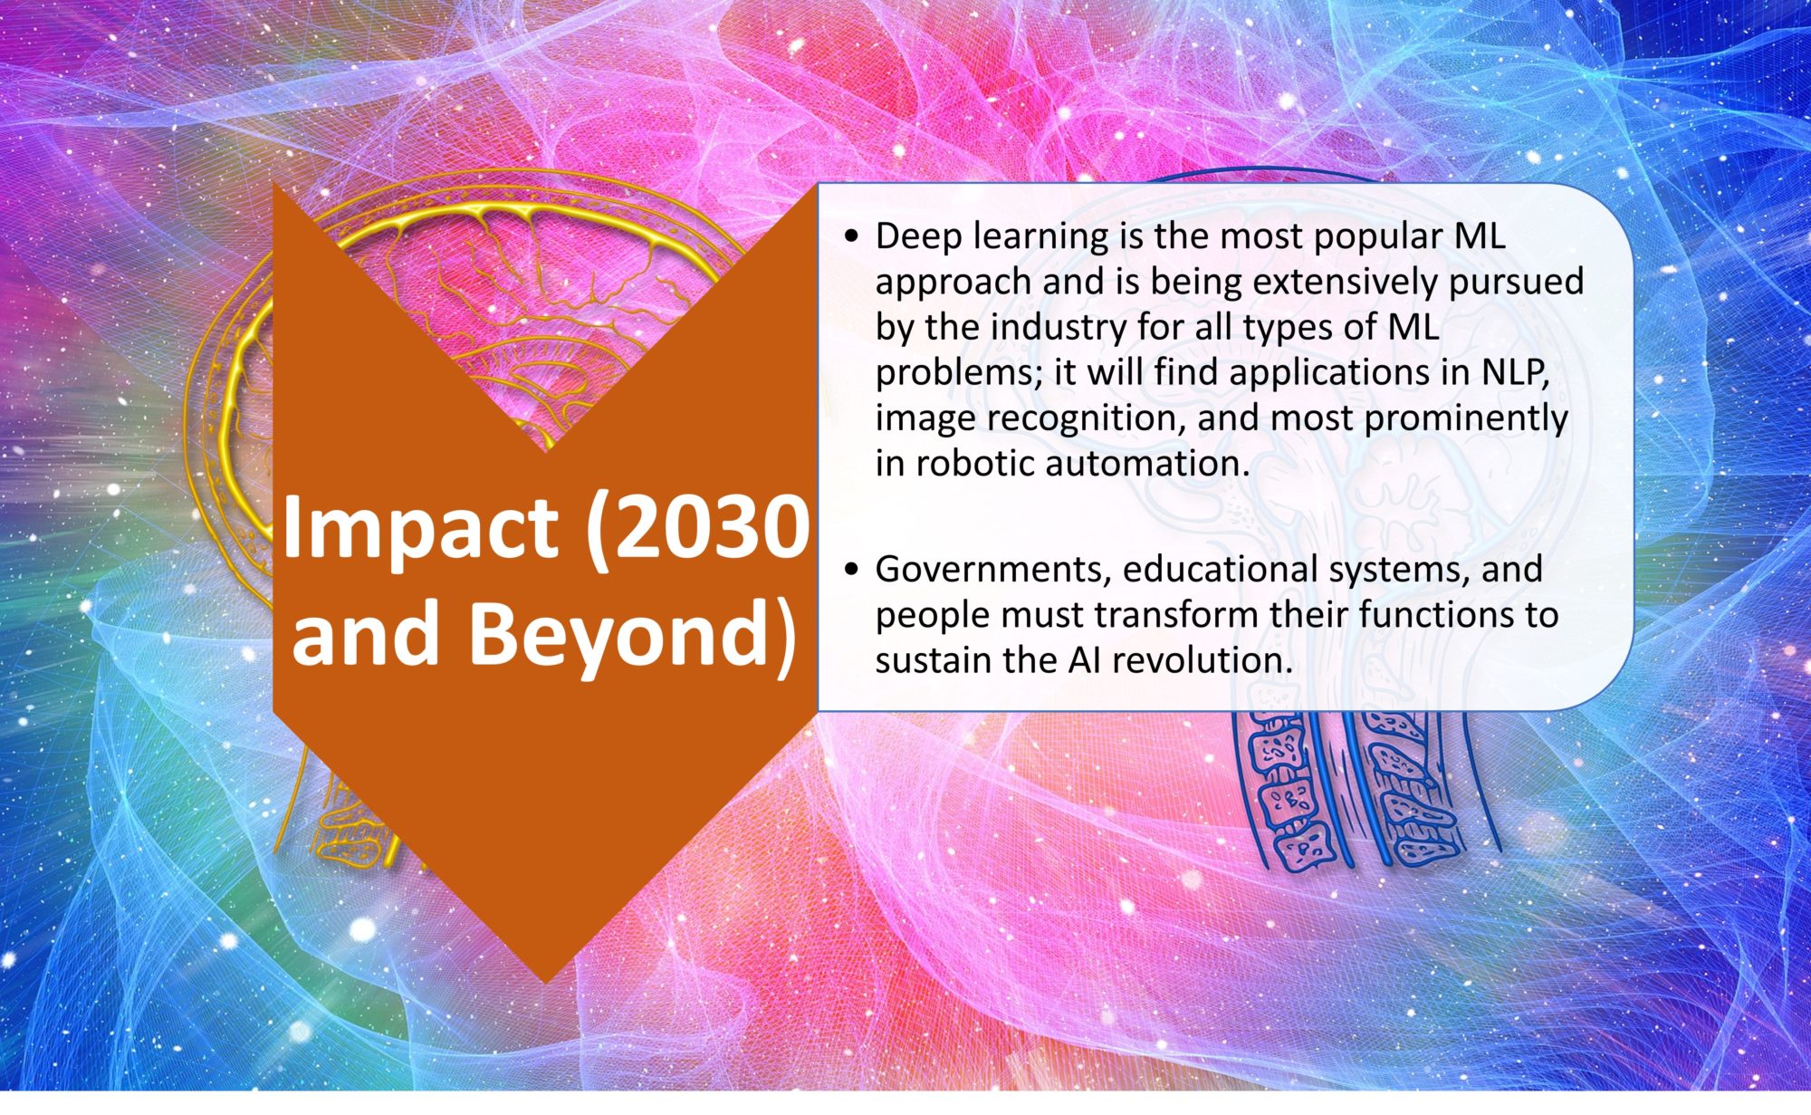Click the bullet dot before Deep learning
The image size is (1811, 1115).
coord(850,238)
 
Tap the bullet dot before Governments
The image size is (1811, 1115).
coord(850,571)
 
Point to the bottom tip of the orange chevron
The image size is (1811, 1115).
coord(545,983)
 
